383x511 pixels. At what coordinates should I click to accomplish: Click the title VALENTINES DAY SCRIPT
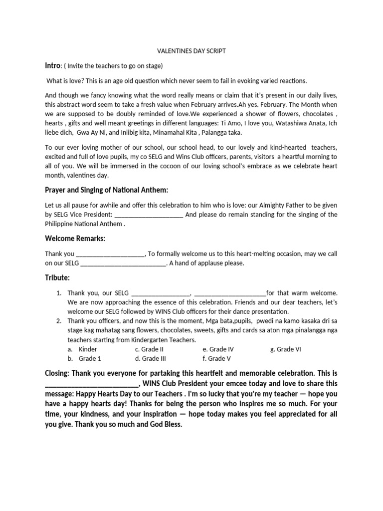pos(191,51)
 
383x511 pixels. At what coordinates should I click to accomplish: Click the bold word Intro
pos(53,66)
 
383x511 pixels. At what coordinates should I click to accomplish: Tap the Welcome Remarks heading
pos(75,239)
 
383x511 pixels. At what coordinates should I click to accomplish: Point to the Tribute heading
pos(57,277)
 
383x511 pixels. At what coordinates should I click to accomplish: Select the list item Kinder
pos(88,349)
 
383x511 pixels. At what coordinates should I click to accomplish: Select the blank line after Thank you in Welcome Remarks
pos(110,254)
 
